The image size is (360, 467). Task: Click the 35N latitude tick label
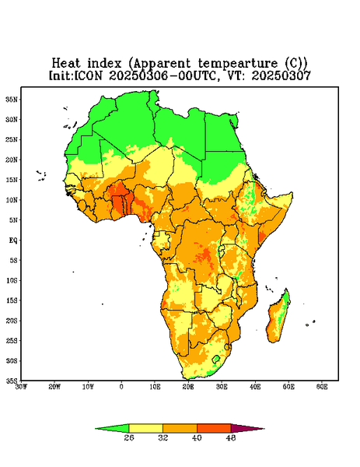point(12,99)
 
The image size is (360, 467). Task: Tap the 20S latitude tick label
point(12,321)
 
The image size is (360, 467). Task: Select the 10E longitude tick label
point(155,387)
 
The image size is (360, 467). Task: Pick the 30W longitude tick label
point(21,387)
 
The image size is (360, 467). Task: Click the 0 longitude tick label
point(121,387)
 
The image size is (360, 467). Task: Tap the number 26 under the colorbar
point(129,437)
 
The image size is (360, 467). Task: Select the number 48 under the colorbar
point(231,437)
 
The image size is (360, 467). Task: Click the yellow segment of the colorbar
point(145,428)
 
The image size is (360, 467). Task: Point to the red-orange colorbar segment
point(214,428)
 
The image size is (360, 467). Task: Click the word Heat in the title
point(66,64)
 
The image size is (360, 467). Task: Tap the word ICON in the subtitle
point(89,75)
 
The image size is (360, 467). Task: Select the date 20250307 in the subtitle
point(281,75)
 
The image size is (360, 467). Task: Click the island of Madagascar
point(278,318)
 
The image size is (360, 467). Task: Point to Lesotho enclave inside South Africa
point(216,359)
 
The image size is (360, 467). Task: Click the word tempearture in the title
point(238,64)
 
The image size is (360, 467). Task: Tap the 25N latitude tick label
point(12,139)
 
